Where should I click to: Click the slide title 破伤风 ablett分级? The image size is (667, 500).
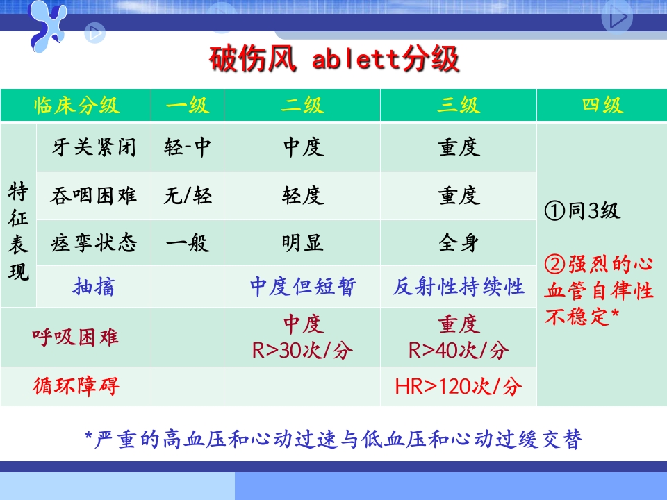[x=334, y=60]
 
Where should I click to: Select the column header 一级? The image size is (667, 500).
[x=187, y=106]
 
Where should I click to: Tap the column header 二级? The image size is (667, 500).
[x=302, y=106]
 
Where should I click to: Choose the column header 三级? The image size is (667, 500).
[x=459, y=106]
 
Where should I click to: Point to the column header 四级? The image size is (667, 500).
[x=602, y=106]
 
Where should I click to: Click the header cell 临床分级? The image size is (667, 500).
[x=76, y=106]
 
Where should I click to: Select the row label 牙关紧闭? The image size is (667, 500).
[x=94, y=147]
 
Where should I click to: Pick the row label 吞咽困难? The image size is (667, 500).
[x=94, y=196]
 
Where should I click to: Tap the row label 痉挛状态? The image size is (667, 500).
[x=94, y=243]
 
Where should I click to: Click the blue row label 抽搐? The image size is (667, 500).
[x=94, y=287]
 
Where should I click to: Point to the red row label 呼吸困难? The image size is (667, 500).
[x=76, y=337]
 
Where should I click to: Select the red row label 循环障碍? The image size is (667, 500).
[x=76, y=386]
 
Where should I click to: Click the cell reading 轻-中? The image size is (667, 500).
[x=188, y=147]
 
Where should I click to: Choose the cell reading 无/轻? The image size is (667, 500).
[x=188, y=196]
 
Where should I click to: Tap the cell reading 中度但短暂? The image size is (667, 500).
[x=302, y=287]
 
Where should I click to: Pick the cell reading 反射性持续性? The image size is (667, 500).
[x=459, y=287]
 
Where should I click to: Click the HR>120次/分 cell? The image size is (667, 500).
[x=459, y=386]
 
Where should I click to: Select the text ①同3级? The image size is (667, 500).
[x=583, y=211]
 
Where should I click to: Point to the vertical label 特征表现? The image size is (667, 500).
[x=19, y=232]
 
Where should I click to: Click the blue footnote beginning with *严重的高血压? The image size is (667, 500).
[x=333, y=439]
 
